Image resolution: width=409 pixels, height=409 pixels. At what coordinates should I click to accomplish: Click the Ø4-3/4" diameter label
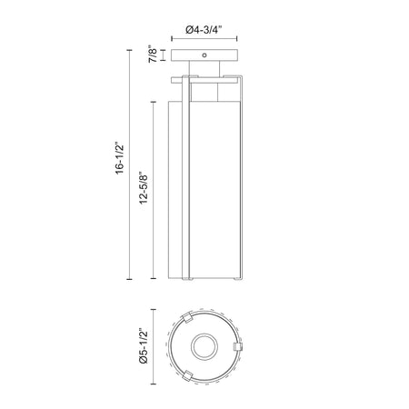pos(204,30)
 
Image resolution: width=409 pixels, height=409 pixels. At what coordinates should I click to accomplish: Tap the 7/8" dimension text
pos(153,55)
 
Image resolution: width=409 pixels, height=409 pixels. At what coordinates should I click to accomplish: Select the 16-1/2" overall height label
pos(120,157)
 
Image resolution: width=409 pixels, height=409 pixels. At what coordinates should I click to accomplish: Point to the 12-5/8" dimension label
pos(144,187)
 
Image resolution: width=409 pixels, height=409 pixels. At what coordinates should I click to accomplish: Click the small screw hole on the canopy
pos(204,55)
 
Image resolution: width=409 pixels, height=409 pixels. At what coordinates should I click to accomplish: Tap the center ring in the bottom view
pos(204,347)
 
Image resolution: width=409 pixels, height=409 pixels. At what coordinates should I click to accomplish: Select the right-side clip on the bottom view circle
pos(238,347)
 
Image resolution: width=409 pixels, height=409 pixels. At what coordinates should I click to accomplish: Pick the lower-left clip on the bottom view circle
pos(187,376)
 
